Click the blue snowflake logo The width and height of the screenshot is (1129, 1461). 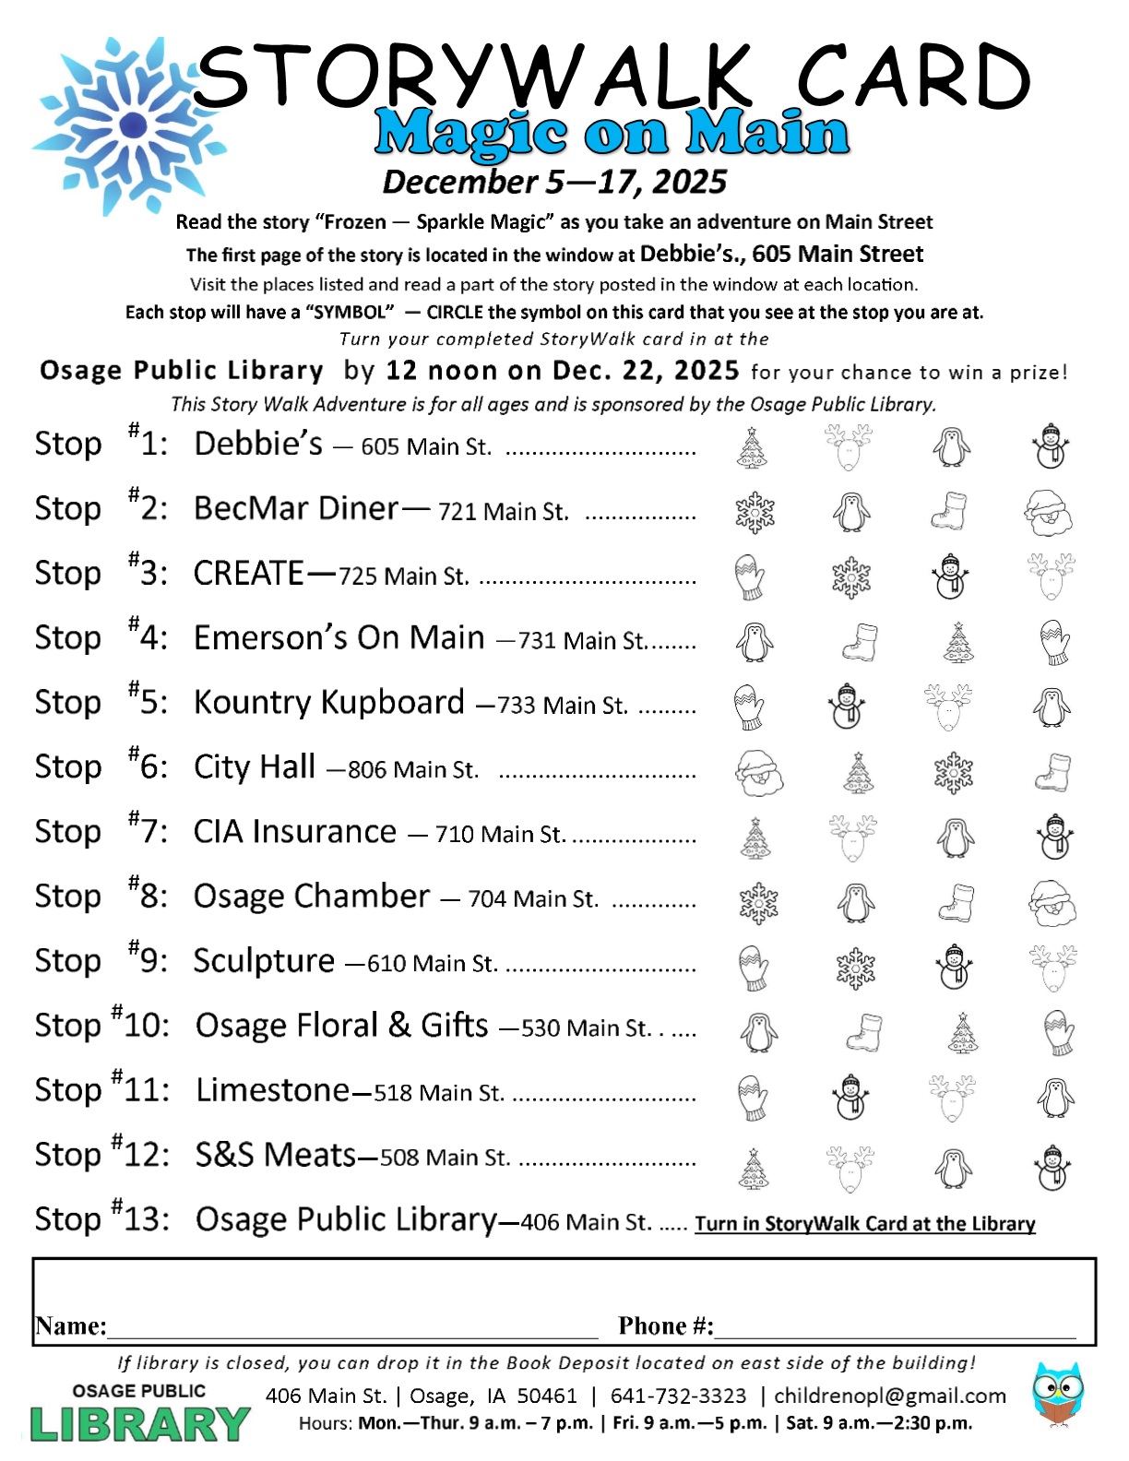point(129,125)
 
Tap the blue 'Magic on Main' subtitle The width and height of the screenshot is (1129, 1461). point(611,134)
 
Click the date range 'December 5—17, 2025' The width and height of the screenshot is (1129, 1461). point(554,182)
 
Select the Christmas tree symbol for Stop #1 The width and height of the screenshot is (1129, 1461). point(754,448)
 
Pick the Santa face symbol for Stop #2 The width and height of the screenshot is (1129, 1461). point(1049,512)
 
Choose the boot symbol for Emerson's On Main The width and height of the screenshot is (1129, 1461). point(861,642)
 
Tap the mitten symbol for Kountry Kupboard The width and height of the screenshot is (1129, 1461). point(749,707)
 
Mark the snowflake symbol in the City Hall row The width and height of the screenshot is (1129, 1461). point(953,772)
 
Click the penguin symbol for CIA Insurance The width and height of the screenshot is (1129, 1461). point(954,837)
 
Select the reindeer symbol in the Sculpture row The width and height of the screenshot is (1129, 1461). point(1052,967)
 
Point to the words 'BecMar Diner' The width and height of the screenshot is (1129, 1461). point(296,508)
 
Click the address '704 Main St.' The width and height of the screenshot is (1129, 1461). point(533,898)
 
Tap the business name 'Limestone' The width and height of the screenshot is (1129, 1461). point(272,1090)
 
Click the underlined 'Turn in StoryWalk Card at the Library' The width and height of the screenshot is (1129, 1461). point(864,1223)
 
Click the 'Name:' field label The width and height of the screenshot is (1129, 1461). point(70,1325)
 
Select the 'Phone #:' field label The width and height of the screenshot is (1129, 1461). point(665,1325)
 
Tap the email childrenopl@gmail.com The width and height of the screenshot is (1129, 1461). point(890,1396)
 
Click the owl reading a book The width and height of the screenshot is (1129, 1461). point(1058,1396)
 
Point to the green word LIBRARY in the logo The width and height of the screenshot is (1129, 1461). point(140,1424)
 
